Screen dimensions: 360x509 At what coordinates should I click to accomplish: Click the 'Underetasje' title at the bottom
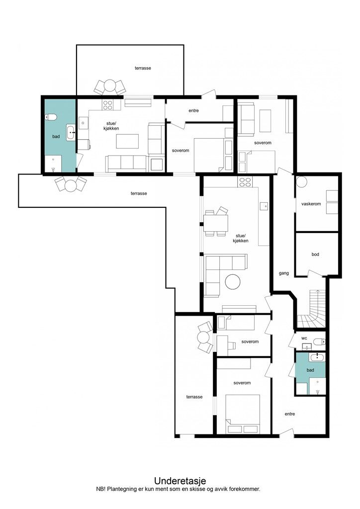[x=180, y=481]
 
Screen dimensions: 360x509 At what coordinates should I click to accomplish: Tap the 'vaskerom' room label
[x=311, y=204]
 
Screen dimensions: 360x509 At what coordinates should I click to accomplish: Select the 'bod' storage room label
[x=315, y=254]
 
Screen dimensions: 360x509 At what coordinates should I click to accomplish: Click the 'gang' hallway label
[x=284, y=273]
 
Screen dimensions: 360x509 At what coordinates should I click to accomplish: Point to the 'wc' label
[x=304, y=338]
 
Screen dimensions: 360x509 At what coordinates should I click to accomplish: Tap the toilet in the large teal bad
[x=51, y=117]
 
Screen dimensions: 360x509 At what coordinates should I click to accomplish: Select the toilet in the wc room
[x=319, y=341]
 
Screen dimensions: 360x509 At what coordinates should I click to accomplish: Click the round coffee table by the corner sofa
[x=233, y=282]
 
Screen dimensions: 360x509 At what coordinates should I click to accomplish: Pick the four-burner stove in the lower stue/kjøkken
[x=245, y=182]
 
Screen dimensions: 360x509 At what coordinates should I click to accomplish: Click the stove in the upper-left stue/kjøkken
[x=107, y=105]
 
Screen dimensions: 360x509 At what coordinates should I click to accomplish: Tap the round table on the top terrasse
[x=110, y=86]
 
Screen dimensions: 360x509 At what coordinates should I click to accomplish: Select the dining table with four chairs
[x=216, y=222]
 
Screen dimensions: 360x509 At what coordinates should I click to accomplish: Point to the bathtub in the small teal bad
[x=317, y=357]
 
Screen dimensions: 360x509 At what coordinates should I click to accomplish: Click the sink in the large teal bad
[x=71, y=132]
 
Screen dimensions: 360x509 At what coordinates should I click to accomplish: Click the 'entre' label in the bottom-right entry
[x=290, y=414]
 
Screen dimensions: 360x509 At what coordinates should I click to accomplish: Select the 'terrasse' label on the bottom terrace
[x=194, y=397]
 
